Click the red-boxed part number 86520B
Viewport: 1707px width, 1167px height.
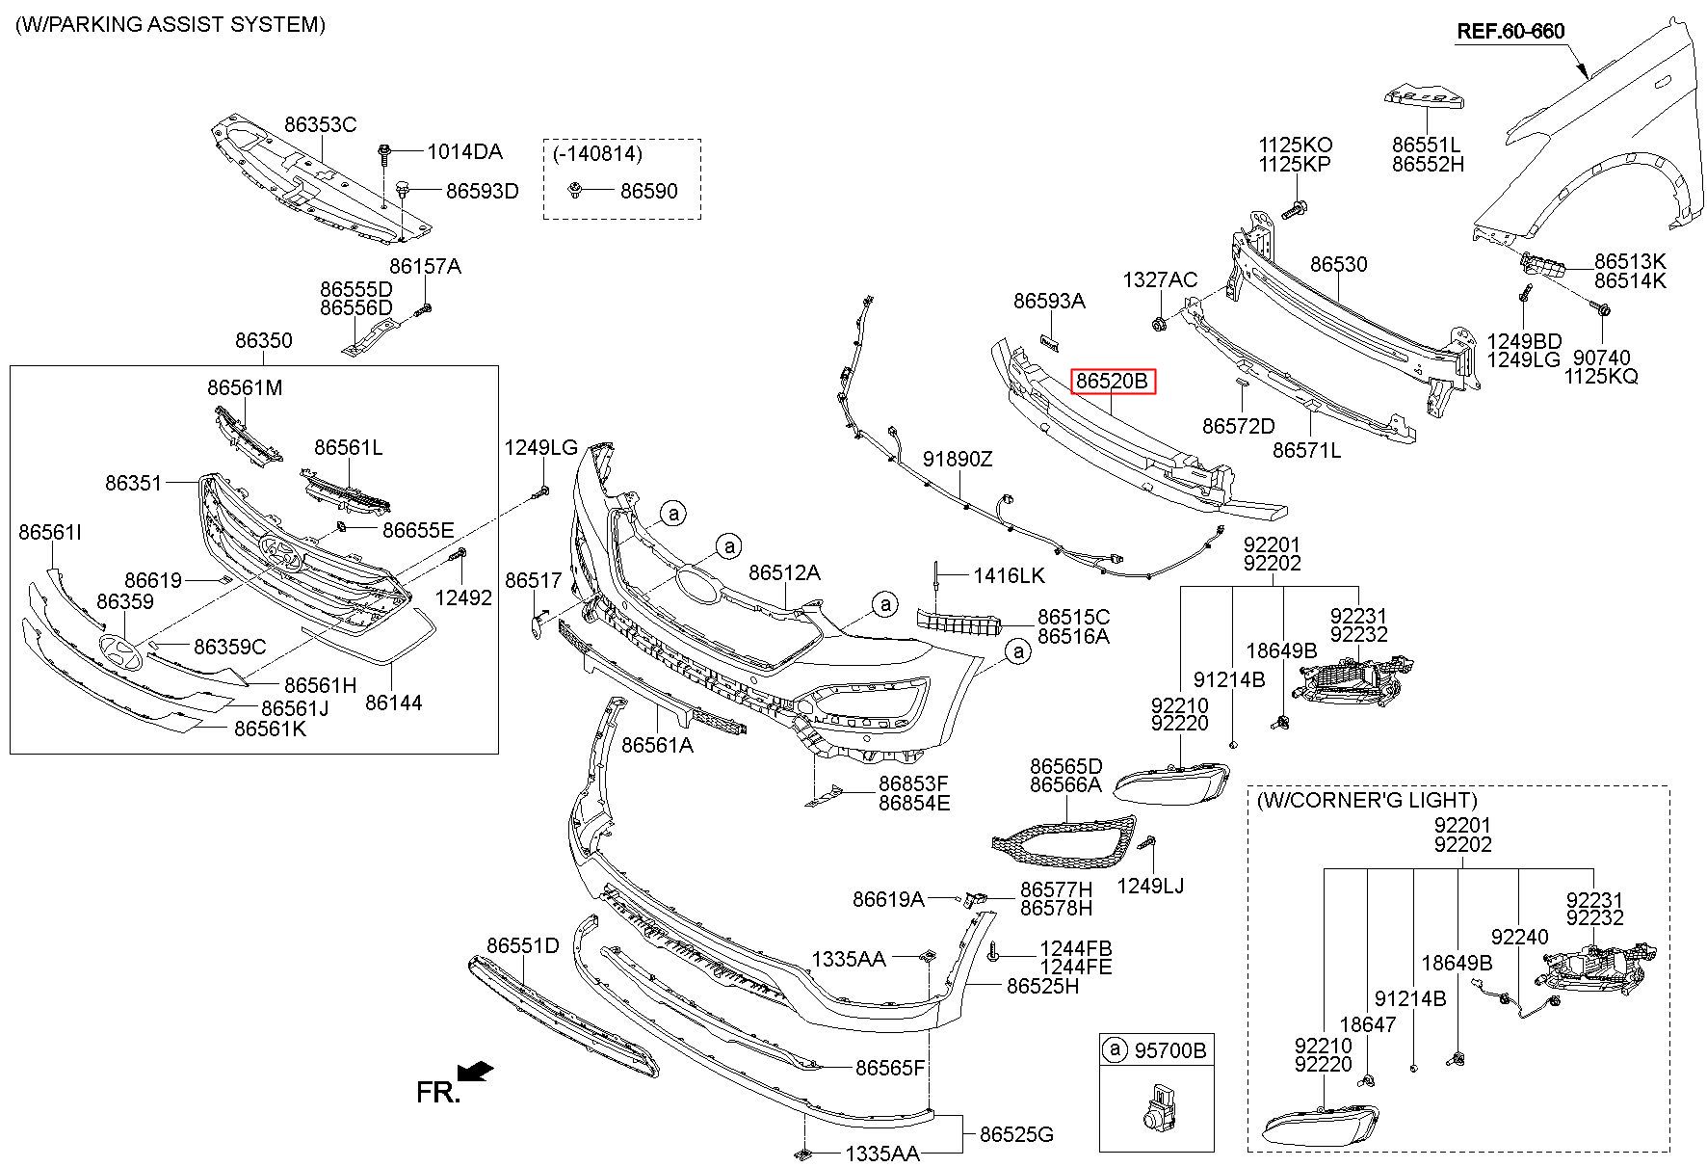tap(1113, 382)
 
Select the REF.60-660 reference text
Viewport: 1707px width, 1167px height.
tap(1510, 31)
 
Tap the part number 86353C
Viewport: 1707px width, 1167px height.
tap(320, 124)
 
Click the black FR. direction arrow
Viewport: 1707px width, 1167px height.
tap(476, 1072)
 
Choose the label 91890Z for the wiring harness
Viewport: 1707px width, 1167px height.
tap(958, 459)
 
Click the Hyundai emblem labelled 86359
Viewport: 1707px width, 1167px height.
tap(121, 652)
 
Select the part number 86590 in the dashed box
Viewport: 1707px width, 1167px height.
tap(648, 191)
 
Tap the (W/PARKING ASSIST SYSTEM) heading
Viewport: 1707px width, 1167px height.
tap(171, 25)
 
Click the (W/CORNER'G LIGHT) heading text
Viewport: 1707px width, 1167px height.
tap(1366, 800)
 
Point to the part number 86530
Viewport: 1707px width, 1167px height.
tap(1338, 264)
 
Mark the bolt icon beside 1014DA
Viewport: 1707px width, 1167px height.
tap(385, 152)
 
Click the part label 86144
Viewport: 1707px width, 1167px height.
tap(393, 703)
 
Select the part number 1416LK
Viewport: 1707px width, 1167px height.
tap(1009, 575)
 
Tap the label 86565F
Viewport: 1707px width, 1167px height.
tap(890, 1067)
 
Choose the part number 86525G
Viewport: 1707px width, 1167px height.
tap(1016, 1134)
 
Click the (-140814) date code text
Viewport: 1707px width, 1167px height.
tap(597, 152)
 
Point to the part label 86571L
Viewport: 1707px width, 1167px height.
tap(1306, 450)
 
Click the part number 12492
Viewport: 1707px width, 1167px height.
tap(463, 597)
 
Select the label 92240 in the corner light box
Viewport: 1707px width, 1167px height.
tap(1520, 937)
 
